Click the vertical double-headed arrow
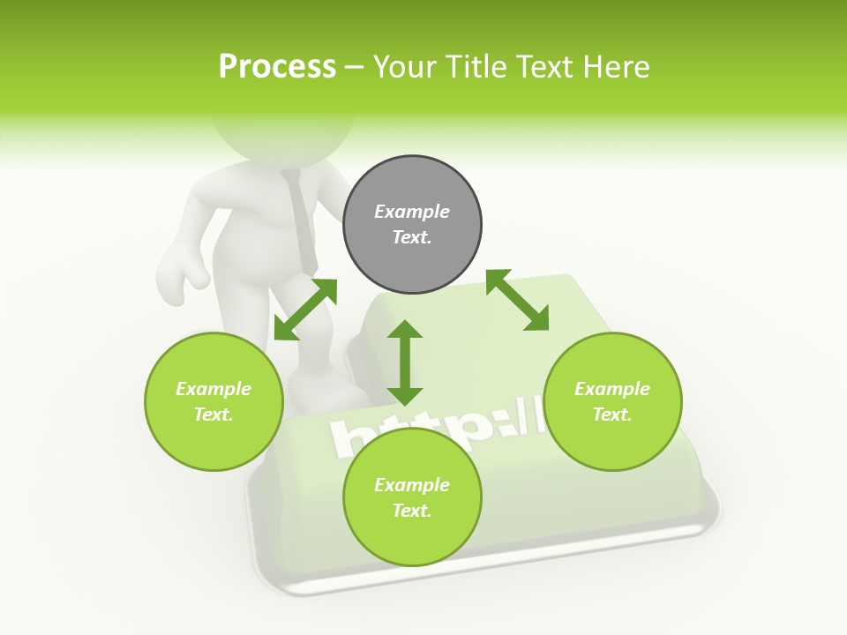(x=405, y=363)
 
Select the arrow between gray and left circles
(x=305, y=310)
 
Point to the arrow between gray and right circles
(x=517, y=300)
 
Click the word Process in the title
(x=277, y=67)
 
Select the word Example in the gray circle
(x=412, y=212)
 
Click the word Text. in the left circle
(x=214, y=415)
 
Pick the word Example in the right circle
(x=612, y=389)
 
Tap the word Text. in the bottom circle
(x=412, y=511)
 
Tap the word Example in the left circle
(x=214, y=389)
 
